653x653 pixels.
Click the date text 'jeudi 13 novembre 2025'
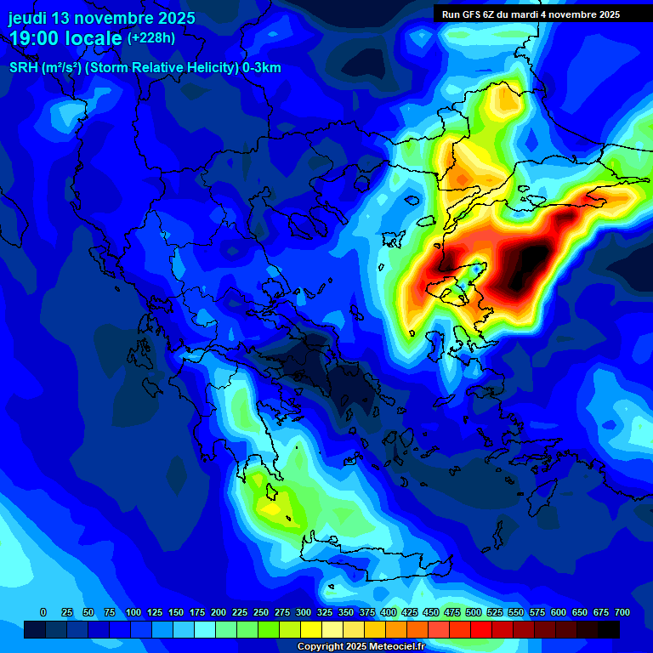point(102,18)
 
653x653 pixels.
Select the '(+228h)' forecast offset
point(151,37)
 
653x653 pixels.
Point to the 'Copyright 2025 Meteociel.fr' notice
point(361,647)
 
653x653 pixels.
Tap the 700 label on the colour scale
point(622,612)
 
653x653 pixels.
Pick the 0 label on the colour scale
point(43,612)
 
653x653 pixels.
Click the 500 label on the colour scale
point(452,612)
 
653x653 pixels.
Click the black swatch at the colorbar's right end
point(608,629)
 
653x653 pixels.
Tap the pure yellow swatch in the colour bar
point(311,629)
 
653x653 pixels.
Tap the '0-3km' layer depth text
point(262,68)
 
